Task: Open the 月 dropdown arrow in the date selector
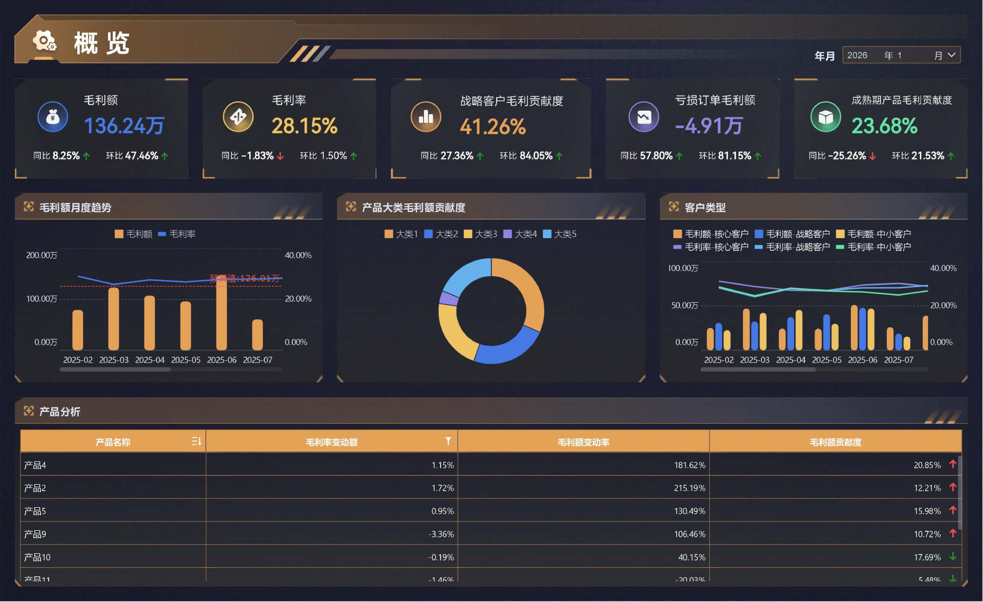coord(951,55)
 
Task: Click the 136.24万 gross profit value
coord(124,126)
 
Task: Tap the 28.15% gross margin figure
coord(304,126)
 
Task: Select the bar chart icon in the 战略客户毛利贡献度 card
coord(425,117)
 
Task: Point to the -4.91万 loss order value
coord(709,126)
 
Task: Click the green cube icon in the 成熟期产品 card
coord(825,117)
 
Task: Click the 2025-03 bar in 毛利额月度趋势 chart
coord(114,319)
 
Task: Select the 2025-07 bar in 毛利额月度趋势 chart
coord(258,335)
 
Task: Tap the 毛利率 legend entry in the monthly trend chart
coord(177,234)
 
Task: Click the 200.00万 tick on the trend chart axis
coord(41,255)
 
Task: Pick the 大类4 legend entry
coord(520,234)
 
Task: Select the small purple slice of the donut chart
coord(448,298)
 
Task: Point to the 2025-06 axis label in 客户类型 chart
coord(862,360)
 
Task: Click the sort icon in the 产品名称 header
coord(196,441)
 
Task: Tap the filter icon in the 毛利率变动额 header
coord(448,441)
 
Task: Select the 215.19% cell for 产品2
coord(689,488)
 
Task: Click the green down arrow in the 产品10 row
coord(952,556)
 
